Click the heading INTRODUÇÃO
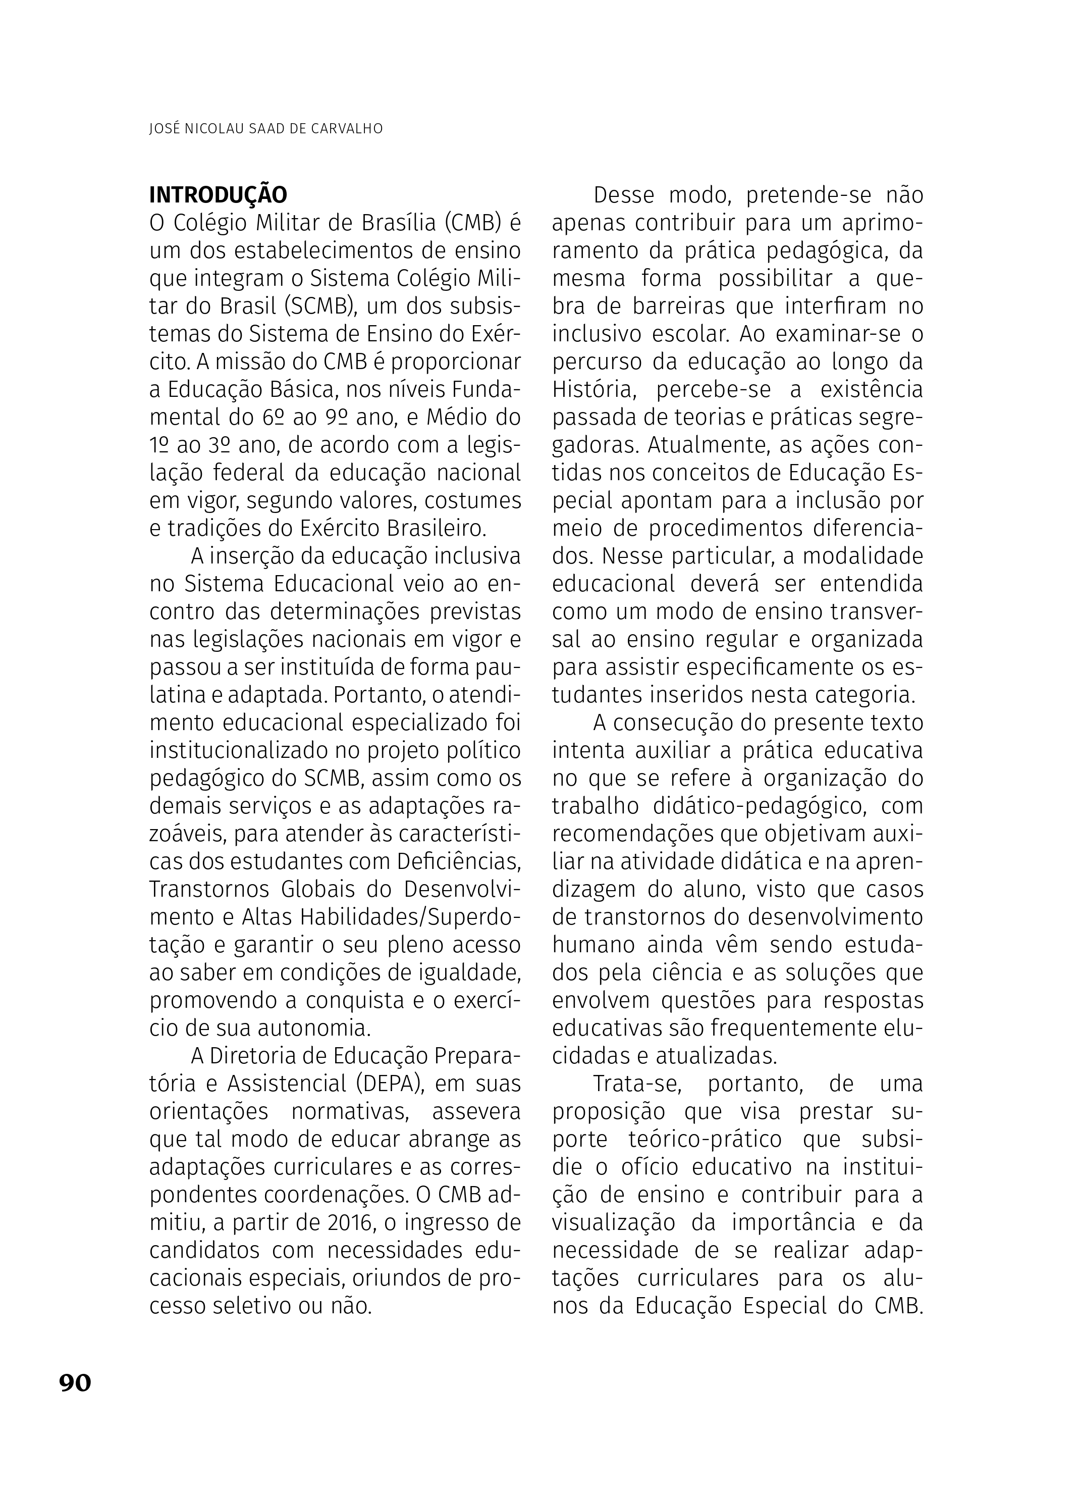click(218, 195)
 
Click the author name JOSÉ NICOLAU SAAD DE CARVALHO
click(266, 129)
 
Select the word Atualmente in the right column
click(708, 445)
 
